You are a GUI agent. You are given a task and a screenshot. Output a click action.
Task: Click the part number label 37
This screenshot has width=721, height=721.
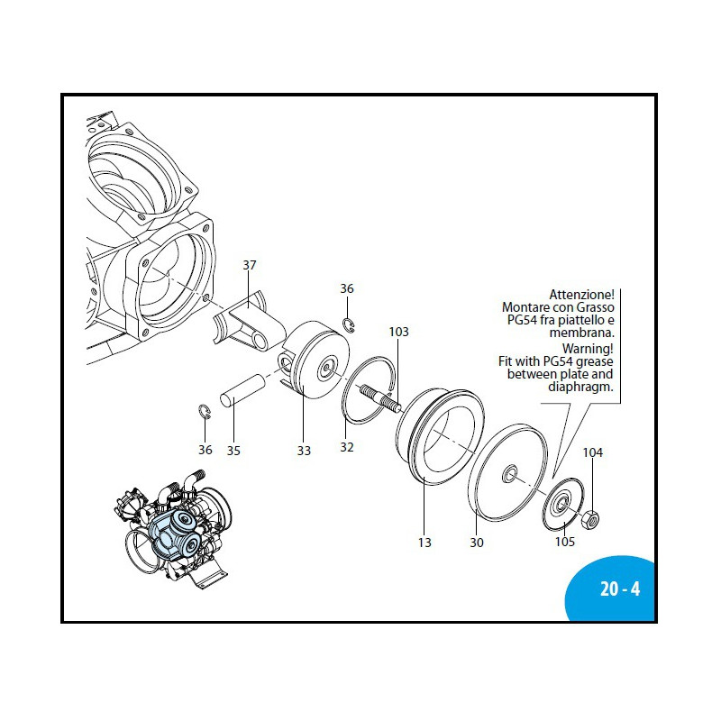[250, 265]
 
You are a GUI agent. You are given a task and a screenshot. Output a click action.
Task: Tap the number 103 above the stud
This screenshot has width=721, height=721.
[398, 332]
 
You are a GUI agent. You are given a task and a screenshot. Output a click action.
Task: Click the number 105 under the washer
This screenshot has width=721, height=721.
[564, 541]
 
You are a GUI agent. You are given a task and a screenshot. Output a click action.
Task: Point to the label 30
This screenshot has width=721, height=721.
[477, 543]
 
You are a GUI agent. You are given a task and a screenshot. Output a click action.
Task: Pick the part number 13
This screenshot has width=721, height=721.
[424, 543]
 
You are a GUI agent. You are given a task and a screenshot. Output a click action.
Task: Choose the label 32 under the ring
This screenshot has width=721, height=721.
[347, 446]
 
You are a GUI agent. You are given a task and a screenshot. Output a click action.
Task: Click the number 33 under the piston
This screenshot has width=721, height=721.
[304, 450]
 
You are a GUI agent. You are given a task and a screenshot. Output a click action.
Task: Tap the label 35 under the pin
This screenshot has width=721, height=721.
[233, 450]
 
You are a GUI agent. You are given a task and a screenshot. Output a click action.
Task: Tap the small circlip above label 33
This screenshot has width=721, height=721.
[348, 324]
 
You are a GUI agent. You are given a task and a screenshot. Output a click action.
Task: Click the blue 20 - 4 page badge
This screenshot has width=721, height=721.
[619, 590]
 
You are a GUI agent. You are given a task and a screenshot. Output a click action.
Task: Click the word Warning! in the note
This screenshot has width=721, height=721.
[588, 347]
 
